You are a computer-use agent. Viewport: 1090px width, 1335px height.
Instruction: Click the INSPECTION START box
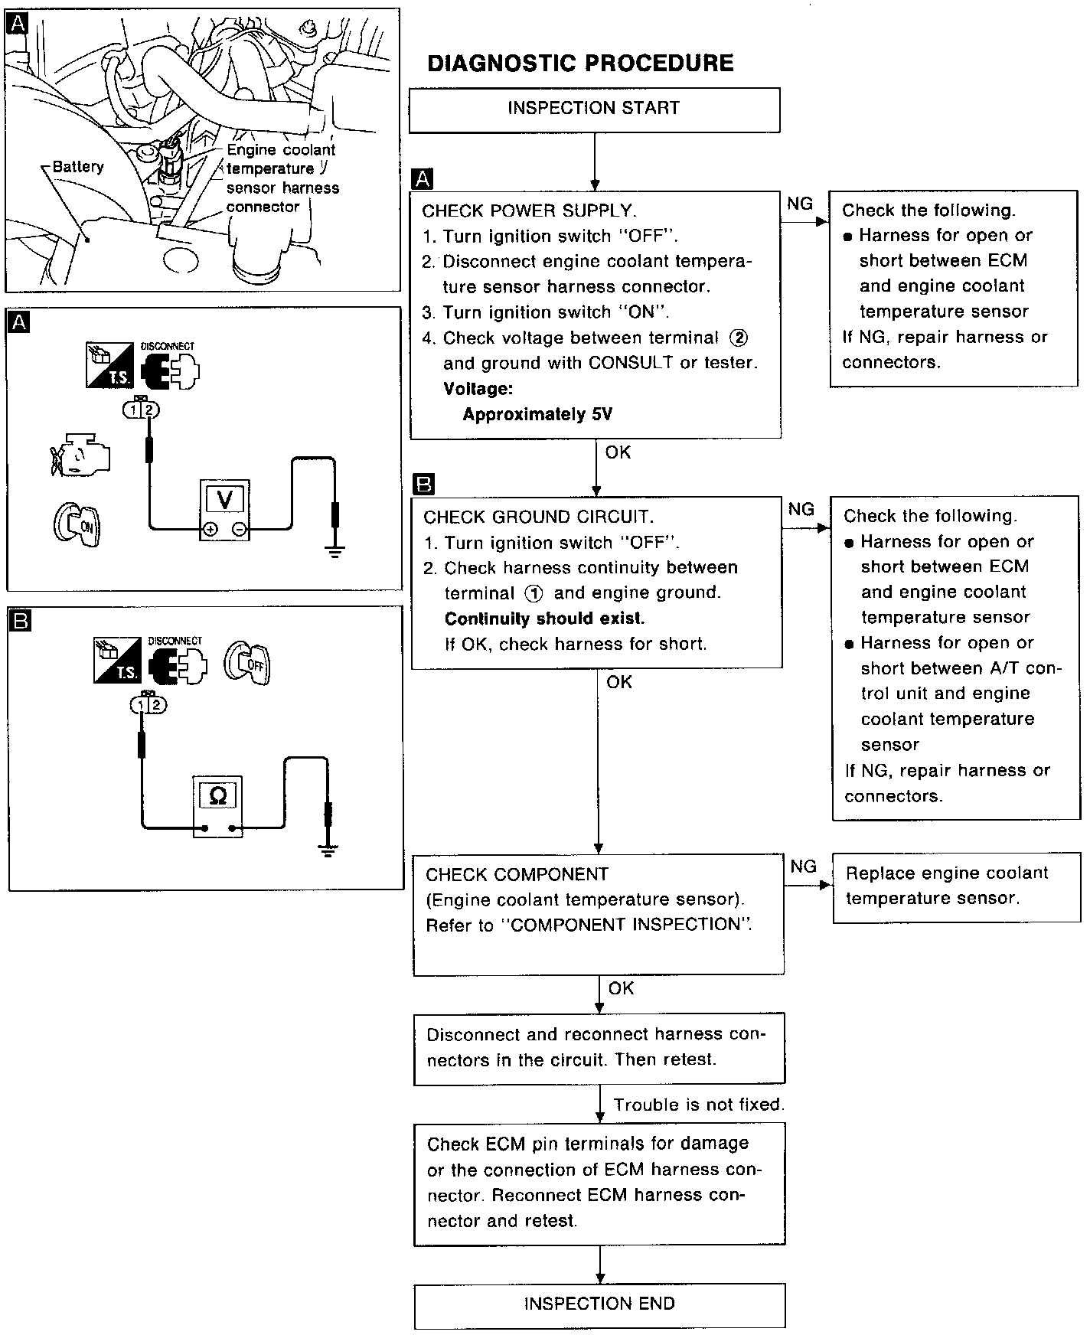pos(594,109)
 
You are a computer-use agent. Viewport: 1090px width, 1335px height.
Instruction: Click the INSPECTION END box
pos(599,1304)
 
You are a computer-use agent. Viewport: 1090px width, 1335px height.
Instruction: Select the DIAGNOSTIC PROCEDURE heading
pos(580,63)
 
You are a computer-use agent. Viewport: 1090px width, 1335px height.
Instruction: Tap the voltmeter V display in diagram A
pos(225,499)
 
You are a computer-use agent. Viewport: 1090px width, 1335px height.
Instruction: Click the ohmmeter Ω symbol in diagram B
pos(217,796)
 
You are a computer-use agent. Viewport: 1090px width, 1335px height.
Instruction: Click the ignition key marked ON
pos(77,524)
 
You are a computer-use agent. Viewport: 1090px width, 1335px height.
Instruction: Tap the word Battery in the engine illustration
pos(78,167)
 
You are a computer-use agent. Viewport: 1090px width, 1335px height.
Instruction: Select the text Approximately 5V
pos(537,415)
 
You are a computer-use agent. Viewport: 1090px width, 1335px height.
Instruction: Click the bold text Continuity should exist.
pos(544,619)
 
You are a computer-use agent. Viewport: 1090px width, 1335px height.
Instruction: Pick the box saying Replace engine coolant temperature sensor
pos(956,886)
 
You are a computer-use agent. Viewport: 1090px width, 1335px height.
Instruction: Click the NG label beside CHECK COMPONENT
pos(803,867)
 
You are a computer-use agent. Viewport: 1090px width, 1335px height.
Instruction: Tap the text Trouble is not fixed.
pos(698,1105)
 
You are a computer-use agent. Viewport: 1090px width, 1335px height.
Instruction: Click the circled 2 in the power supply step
pos(739,338)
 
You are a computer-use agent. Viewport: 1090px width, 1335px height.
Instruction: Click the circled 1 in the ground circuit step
pos(534,593)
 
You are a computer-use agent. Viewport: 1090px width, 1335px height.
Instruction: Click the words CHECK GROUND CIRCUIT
pos(539,517)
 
